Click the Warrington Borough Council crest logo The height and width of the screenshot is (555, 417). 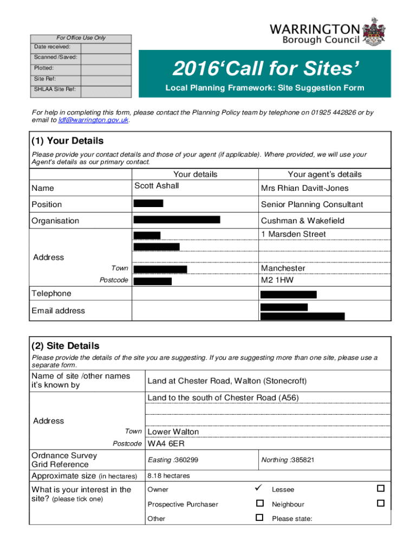(x=374, y=32)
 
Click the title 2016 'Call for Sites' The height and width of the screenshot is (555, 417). (x=265, y=69)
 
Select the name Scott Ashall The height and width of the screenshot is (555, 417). (x=157, y=186)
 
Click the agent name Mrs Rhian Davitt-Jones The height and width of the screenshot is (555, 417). (x=304, y=188)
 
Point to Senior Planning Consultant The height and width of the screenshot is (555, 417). (x=311, y=204)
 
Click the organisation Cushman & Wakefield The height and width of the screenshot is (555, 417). (x=302, y=221)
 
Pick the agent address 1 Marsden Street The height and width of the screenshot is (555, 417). (x=293, y=234)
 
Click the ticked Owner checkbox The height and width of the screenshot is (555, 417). (x=259, y=489)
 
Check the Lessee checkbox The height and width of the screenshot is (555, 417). (x=380, y=489)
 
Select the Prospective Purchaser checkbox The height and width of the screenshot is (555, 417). (x=259, y=504)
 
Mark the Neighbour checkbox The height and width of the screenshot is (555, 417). (x=380, y=504)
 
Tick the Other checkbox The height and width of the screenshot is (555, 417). (x=259, y=518)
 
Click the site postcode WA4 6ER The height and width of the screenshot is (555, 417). (x=166, y=444)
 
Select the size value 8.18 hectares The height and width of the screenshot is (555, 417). (x=168, y=476)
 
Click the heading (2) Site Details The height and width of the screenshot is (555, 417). (x=65, y=346)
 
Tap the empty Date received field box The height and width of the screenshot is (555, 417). (x=106, y=48)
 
